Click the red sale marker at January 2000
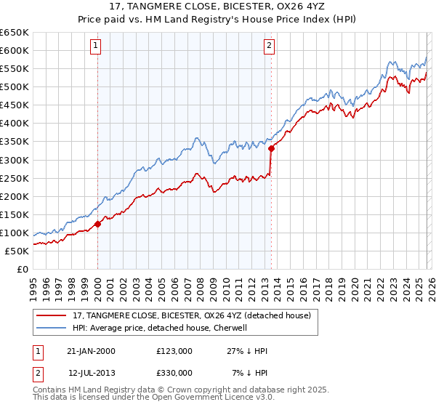tap(97, 225)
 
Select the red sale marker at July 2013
tap(271, 148)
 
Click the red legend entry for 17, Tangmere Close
tap(192, 315)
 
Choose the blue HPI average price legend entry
tap(161, 328)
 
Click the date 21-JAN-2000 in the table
tap(91, 351)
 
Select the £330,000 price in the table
tap(174, 373)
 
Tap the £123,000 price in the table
tap(174, 351)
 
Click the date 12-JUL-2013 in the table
tap(91, 373)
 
